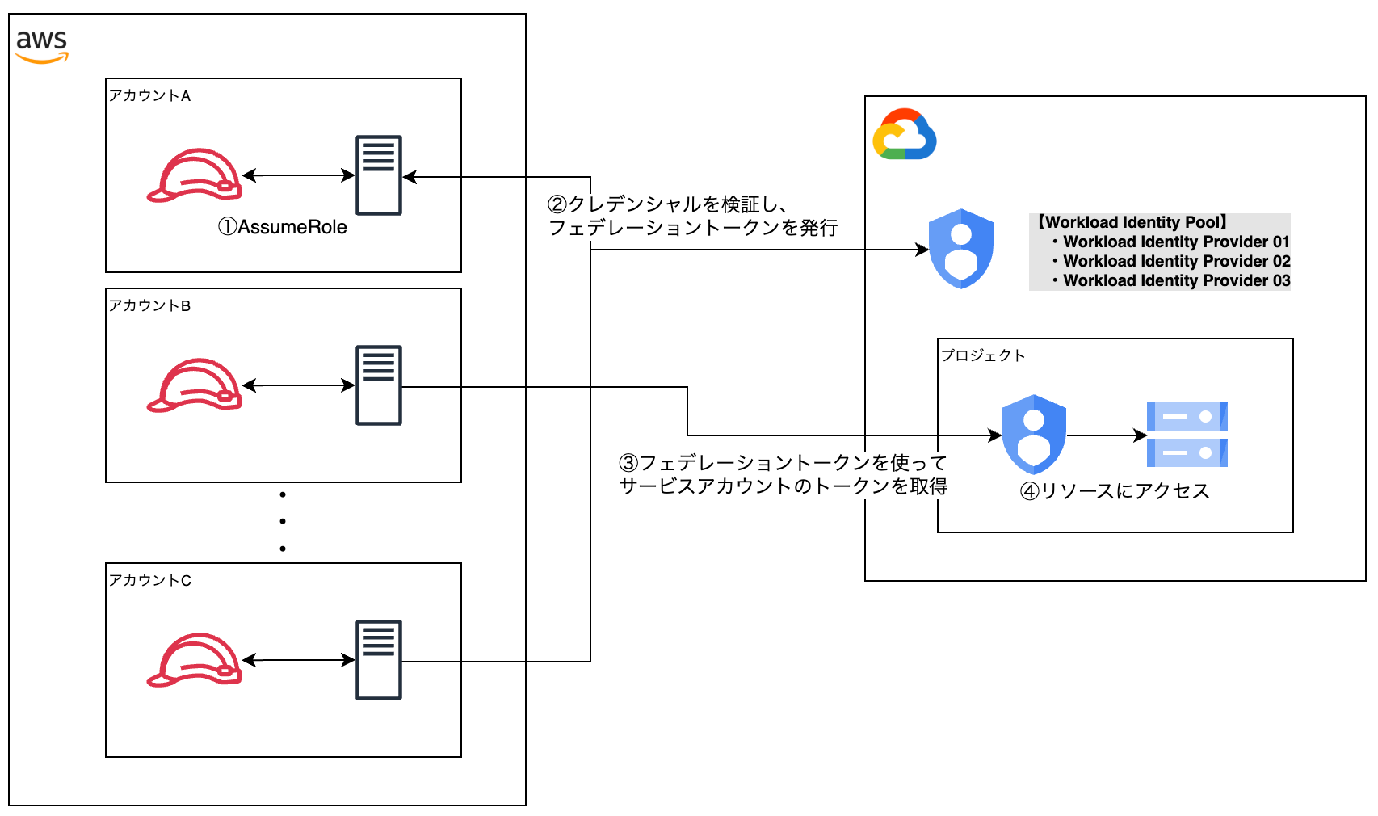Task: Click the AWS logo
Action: coord(42,45)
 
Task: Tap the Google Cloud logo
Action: coord(905,134)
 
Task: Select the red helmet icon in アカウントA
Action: coord(194,175)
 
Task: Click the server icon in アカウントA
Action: coord(379,175)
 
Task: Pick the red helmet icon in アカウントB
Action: coord(194,385)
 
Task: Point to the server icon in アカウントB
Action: coord(379,385)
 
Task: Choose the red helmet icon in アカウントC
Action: coord(194,660)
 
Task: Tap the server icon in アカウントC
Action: coord(379,660)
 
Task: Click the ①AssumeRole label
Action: coord(282,228)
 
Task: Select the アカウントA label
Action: coord(149,95)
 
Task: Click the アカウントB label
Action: coord(149,305)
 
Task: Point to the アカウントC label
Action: coord(149,580)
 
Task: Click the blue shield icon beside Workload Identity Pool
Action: coord(961,249)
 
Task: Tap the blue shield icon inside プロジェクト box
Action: coord(1034,435)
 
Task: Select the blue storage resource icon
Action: coord(1187,435)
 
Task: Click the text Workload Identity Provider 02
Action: coord(1176,261)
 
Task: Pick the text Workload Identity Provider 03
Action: coord(1176,280)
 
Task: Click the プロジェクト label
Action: coord(983,355)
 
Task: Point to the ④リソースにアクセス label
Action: coord(1115,491)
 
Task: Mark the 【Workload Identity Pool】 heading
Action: coord(1132,222)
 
